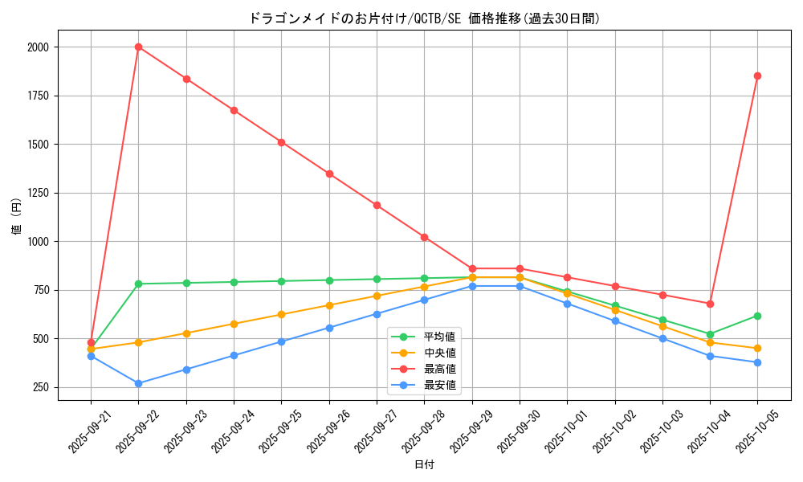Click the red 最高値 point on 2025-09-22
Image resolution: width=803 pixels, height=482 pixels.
point(138,47)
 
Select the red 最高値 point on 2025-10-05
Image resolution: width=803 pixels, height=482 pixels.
point(757,76)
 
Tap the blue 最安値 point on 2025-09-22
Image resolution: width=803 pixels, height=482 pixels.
point(138,383)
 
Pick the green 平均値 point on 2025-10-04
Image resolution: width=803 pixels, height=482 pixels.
point(710,334)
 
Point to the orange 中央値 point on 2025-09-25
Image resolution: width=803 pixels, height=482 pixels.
point(281,314)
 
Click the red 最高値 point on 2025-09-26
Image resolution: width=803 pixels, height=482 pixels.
point(329,174)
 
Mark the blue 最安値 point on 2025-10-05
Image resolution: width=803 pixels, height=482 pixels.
point(757,362)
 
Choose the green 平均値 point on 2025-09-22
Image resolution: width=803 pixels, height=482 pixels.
point(138,284)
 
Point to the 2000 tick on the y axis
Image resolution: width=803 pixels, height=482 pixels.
point(38,47)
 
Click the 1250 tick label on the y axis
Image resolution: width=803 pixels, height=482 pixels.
point(38,193)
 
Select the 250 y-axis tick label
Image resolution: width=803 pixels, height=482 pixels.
point(41,387)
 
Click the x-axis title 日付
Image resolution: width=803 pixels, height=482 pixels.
point(424,465)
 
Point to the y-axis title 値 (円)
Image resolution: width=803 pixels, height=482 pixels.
point(16,217)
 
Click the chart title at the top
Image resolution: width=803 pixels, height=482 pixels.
point(424,18)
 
